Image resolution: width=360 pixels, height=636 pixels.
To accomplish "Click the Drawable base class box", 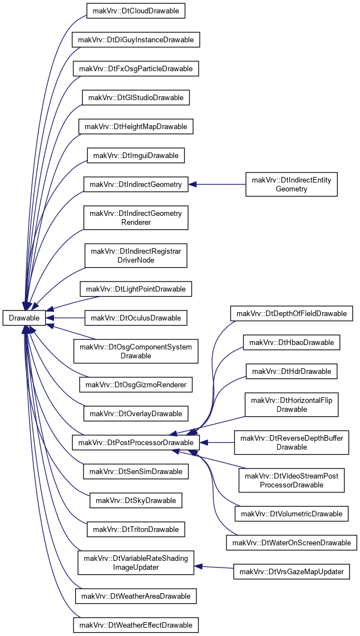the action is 23,318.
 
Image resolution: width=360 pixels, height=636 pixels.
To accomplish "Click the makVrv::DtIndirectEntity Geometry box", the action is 292,185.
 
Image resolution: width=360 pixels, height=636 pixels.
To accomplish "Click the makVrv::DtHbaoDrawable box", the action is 292,343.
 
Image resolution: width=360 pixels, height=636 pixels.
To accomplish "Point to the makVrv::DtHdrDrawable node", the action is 292,371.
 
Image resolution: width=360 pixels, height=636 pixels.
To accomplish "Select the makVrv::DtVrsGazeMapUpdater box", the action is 292,572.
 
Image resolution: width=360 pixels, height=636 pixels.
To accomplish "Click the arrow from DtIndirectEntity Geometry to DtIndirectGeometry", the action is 218,185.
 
